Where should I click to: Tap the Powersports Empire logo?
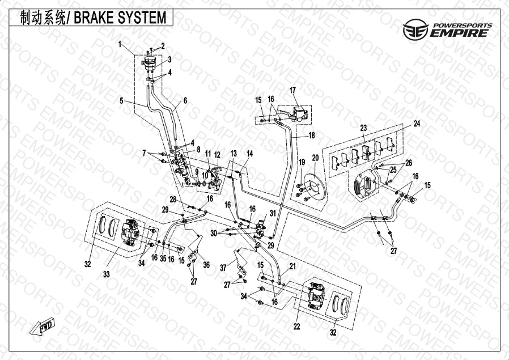(448, 29)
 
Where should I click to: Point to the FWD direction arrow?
(42, 325)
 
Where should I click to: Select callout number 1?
(120, 44)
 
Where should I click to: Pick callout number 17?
(293, 90)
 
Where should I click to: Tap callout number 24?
(417, 124)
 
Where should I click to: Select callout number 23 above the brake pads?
(363, 128)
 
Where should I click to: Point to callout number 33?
(107, 274)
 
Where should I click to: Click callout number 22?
(296, 326)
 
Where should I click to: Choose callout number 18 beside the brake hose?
(312, 135)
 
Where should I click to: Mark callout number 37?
(223, 268)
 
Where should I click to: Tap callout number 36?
(206, 265)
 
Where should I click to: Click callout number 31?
(273, 213)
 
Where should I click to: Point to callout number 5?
(121, 101)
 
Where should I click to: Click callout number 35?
(163, 259)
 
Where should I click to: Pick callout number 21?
(293, 266)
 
